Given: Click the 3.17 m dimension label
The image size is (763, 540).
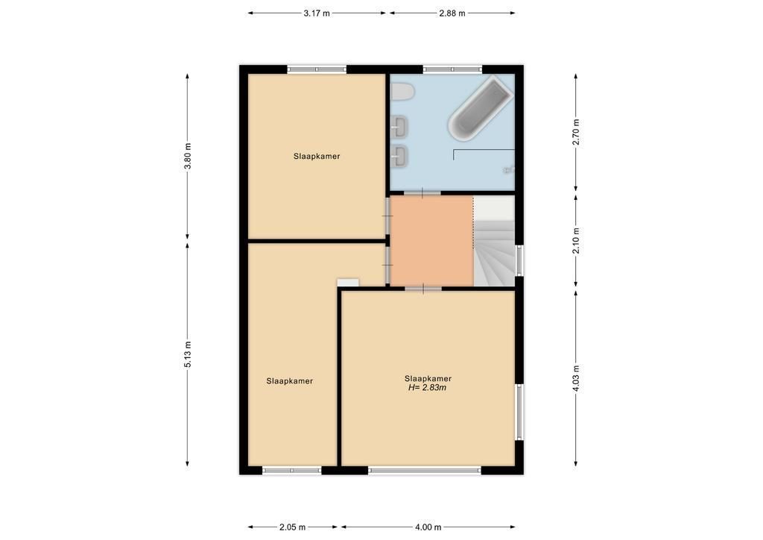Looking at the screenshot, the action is coord(316,13).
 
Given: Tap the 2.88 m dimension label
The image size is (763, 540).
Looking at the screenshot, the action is coord(452,13).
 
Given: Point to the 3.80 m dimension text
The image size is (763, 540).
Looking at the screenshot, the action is coord(187,156).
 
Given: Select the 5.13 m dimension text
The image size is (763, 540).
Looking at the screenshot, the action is coord(187,354).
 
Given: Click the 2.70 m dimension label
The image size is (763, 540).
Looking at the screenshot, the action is coord(576,133).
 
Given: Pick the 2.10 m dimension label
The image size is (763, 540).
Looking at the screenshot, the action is coord(576,241).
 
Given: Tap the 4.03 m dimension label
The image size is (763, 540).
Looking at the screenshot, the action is coord(576,378).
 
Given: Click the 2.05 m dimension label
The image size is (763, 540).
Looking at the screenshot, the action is coord(292,527).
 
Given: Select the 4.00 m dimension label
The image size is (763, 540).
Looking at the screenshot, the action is coord(428,527).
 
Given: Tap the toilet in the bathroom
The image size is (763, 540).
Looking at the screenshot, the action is coord(402,91).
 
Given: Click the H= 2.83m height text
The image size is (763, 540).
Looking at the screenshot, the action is coord(428,388).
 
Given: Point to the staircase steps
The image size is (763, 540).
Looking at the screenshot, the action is coord(495,253).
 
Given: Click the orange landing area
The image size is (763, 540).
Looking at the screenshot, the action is coord(431,241).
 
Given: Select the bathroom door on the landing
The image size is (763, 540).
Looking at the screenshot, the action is coord(422,193).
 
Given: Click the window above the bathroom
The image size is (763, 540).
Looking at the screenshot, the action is coord(452,69).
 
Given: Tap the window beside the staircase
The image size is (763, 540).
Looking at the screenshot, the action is coord(519,260).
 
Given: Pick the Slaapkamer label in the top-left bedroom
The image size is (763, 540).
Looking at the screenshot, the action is coord(317,157).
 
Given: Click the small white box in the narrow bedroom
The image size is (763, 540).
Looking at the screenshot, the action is coord(348,283).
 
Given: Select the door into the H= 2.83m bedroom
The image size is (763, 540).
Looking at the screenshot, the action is coord(423,289).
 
